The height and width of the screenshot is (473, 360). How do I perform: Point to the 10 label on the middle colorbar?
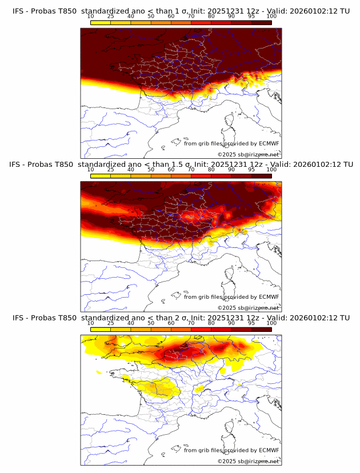pos(91,170)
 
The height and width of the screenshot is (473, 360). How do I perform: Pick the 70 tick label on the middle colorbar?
pos(191,170)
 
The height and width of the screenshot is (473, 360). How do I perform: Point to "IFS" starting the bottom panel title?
pos(19,318)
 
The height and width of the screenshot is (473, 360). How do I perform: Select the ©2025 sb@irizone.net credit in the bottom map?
pos(249,462)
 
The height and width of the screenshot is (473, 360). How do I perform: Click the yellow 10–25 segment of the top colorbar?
pos(101,23)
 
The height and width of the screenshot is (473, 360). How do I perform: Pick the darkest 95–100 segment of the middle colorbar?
pos(261,176)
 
